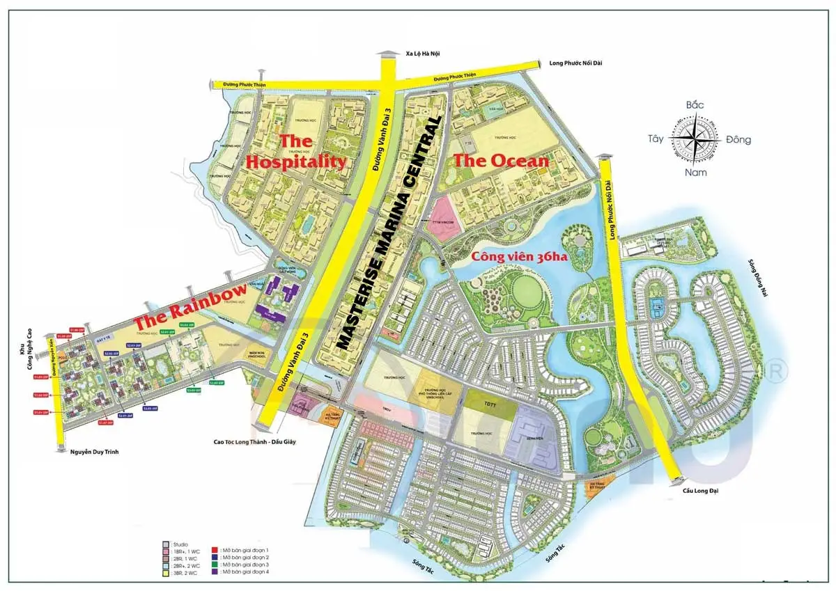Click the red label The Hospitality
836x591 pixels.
click(x=297, y=152)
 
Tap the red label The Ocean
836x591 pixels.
click(x=501, y=161)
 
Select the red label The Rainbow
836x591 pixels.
click(x=189, y=308)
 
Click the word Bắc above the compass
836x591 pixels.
click(x=695, y=105)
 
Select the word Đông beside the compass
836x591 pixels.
click(x=738, y=139)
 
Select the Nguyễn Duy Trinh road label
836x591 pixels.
click(x=95, y=452)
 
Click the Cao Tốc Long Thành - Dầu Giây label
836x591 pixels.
click(x=255, y=441)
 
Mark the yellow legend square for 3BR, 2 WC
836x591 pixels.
click(x=166, y=572)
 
